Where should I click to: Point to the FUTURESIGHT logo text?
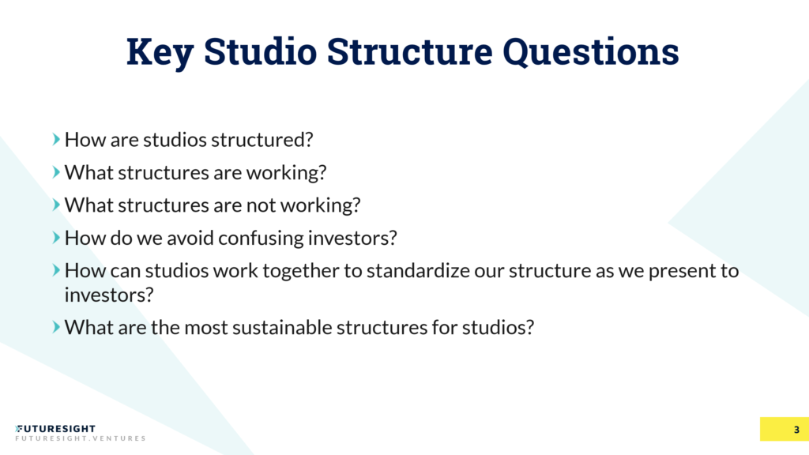point(55,428)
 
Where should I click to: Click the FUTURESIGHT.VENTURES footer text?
point(80,438)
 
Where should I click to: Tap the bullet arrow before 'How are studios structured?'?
point(56,140)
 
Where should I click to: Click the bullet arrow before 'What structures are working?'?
point(56,171)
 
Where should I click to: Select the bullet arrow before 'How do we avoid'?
point(56,237)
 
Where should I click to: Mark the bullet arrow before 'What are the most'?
point(56,326)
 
